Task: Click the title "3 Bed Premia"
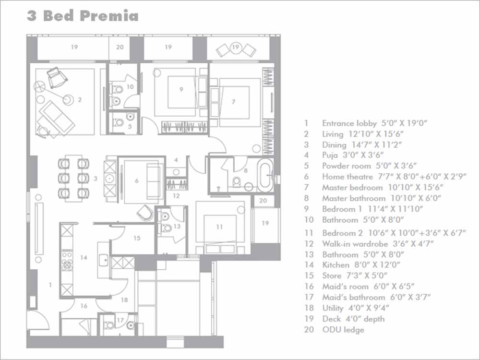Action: coord(83,16)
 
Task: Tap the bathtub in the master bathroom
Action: coord(265,175)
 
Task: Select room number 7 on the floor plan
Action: coord(234,101)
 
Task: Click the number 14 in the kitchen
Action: coord(84,257)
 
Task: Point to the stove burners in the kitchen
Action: coord(67,261)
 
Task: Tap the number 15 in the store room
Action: coord(137,238)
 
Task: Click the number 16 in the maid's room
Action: coord(84,305)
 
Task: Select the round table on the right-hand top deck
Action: coord(235,47)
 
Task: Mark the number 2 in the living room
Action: coord(80,99)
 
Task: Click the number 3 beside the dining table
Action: coord(95,179)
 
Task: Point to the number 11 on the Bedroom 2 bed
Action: coord(219,227)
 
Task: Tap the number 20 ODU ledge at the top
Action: coord(120,47)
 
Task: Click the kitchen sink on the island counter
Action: coord(104,260)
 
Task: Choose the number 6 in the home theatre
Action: coord(136,181)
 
